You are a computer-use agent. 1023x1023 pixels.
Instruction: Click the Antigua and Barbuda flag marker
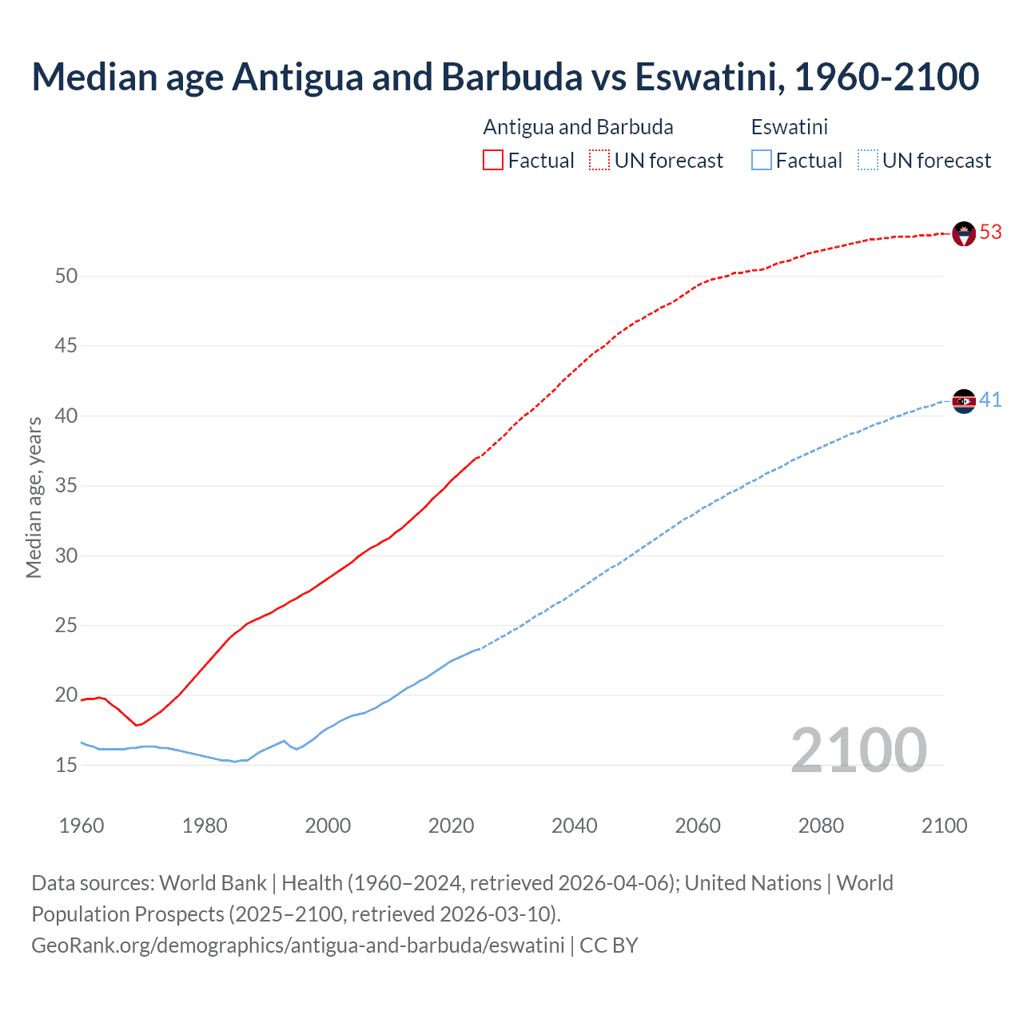[964, 233]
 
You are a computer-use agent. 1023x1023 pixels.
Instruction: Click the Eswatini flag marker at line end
[964, 401]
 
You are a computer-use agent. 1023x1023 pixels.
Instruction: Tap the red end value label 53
[990, 232]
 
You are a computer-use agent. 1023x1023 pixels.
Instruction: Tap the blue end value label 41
[990, 400]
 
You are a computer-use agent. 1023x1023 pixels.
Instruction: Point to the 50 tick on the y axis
[66, 277]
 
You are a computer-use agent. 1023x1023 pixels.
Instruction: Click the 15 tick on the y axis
[66, 765]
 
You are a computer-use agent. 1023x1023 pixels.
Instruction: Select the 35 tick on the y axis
[66, 486]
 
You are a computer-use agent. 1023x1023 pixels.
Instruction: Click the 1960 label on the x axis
[82, 826]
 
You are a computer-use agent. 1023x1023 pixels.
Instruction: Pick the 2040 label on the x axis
[574, 826]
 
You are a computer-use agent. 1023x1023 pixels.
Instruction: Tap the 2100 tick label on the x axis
[944, 826]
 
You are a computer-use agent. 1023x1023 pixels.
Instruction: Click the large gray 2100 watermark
[858, 750]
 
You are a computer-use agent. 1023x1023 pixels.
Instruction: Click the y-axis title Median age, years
[34, 497]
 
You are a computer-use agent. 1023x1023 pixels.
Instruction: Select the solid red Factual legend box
[493, 161]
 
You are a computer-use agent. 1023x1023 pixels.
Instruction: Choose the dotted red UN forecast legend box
[599, 161]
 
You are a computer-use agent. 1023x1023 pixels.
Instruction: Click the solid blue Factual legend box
[761, 161]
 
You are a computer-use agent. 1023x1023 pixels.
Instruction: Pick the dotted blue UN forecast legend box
[867, 161]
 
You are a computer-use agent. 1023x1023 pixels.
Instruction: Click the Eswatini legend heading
[789, 127]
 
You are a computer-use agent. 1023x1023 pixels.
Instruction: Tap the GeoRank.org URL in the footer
[297, 945]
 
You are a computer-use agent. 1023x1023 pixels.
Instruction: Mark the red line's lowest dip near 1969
[137, 725]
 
